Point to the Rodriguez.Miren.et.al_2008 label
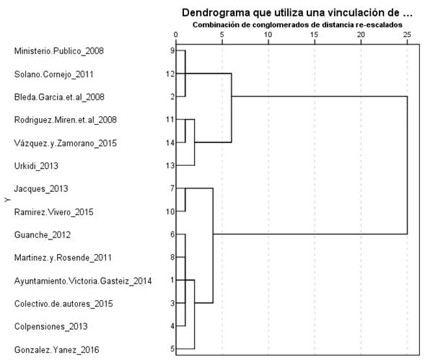[66, 120]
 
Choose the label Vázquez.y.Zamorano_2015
[65, 143]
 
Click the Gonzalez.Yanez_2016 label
[57, 350]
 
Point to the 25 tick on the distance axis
[407, 34]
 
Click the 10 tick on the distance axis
[268, 34]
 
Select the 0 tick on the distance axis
[176, 34]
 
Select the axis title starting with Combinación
[293, 25]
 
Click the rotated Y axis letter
[6, 211]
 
